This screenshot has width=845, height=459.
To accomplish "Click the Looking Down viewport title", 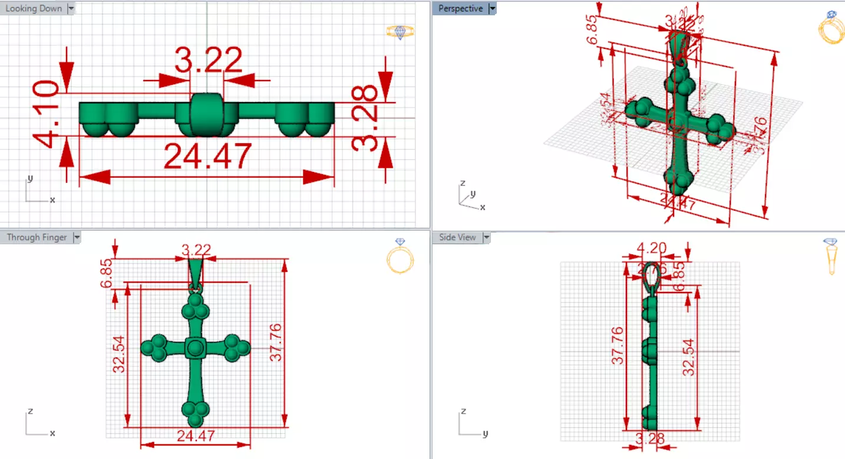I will point(34,9).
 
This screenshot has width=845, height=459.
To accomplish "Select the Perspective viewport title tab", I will point(460,9).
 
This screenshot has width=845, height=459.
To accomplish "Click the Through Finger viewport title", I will point(37,237).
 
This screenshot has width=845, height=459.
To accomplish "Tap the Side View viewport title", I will point(457,237).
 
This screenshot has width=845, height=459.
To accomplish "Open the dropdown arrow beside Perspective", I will point(492,9).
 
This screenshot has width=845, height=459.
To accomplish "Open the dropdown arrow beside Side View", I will point(486,237).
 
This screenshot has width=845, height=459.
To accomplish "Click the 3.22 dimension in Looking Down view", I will point(208,60).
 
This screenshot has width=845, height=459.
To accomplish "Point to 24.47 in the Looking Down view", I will point(207,157).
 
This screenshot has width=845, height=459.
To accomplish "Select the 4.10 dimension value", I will point(46,114).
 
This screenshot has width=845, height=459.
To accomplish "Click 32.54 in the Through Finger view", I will point(118,354).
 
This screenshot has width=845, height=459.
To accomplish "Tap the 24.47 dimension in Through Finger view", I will point(196,436).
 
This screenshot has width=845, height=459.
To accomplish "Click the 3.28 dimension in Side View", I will point(650,438).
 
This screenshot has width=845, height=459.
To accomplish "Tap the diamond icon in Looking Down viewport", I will point(400,32).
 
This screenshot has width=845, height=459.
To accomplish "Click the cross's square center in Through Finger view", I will point(195,348).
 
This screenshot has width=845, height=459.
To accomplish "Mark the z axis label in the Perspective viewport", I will point(463,183).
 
